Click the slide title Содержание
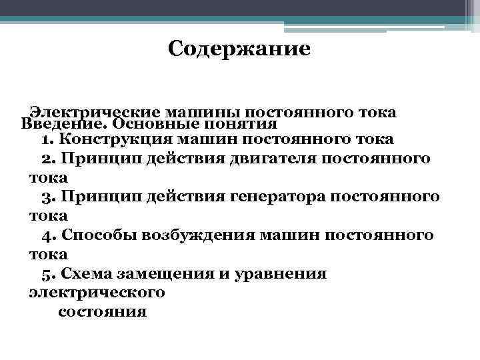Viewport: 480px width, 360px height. pos(239,49)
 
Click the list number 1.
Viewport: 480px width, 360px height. pos(45,140)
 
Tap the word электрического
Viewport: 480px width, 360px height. pos(97,293)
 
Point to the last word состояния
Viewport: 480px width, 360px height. pos(103,312)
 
